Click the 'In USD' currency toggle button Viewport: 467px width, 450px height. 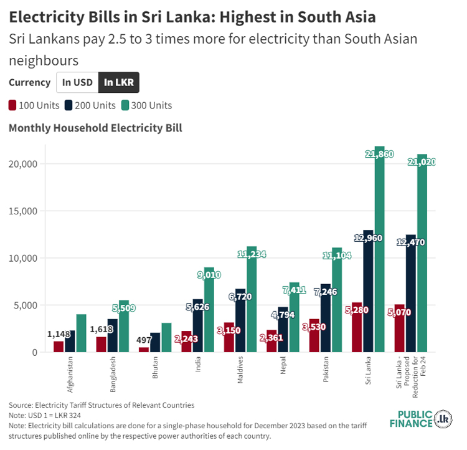pyautogui.click(x=77, y=82)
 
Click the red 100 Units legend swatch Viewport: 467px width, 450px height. pyautogui.click(x=13, y=105)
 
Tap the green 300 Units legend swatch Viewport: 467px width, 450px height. pyautogui.click(x=125, y=105)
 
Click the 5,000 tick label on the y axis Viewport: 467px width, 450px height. pyautogui.click(x=25, y=305)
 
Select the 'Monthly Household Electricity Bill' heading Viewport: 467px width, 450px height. pyautogui.click(x=95, y=128)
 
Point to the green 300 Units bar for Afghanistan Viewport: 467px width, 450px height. pyautogui.click(x=82, y=333)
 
